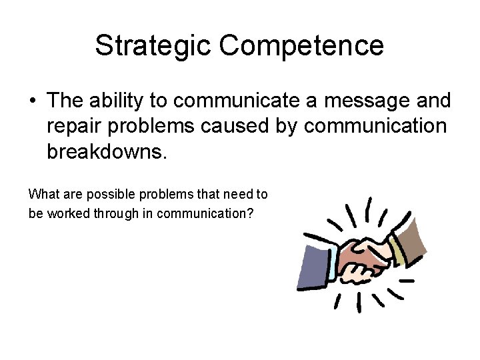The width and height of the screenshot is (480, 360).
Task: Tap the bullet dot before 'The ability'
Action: (33, 101)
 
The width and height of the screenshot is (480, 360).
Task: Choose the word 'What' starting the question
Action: (42, 194)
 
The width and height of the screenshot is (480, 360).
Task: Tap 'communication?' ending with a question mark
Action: (214, 214)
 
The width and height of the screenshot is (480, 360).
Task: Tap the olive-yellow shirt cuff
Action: (395, 250)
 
